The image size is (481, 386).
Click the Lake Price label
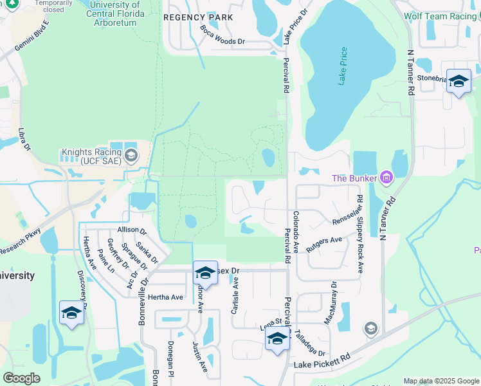click(x=343, y=66)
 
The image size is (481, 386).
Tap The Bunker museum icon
click(x=386, y=177)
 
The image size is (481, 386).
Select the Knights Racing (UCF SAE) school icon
click(x=131, y=155)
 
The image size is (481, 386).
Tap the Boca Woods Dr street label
click(x=222, y=36)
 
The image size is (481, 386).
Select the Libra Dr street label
click(x=24, y=138)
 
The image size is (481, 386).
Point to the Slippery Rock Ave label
click(x=360, y=233)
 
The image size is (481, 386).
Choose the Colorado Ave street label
click(x=296, y=232)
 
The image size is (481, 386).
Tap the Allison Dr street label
click(x=132, y=230)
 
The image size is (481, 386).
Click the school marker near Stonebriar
click(x=458, y=82)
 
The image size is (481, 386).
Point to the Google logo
click(x=21, y=378)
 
